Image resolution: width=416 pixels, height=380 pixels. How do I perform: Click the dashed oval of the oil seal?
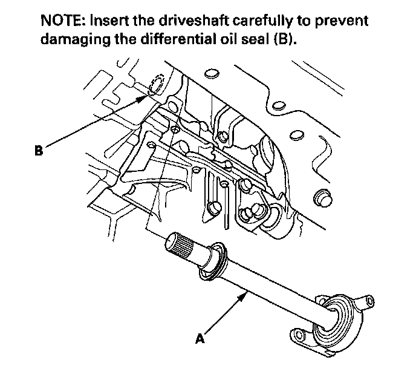[x=154, y=85]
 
